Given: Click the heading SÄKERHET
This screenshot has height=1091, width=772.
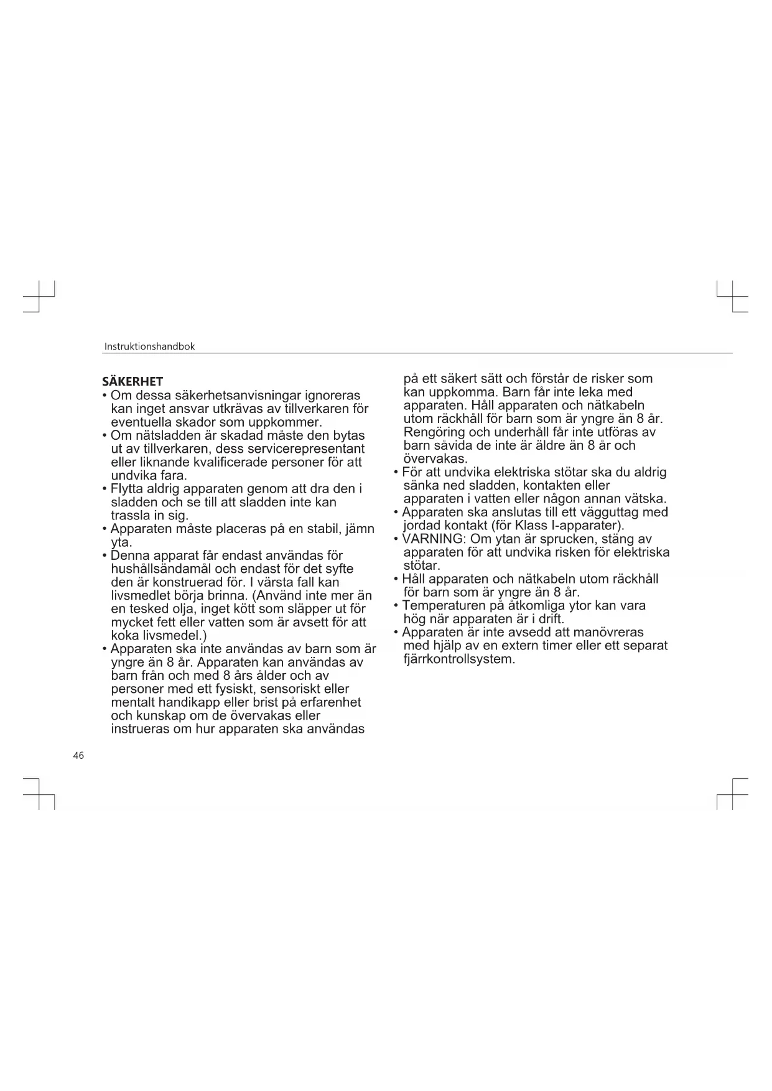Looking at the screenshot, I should click(x=133, y=381).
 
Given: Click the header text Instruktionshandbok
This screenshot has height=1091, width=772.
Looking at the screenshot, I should click(x=149, y=346).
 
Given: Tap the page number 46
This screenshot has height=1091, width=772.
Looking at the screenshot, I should click(x=78, y=756).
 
